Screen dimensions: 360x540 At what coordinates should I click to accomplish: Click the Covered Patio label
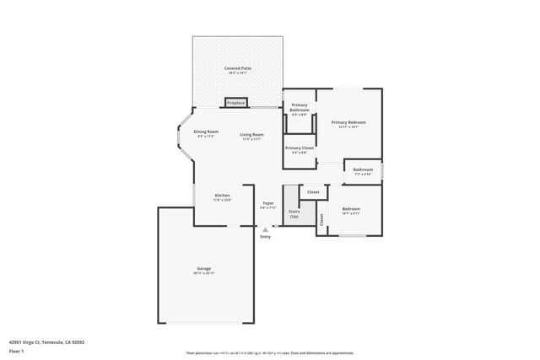[238, 68]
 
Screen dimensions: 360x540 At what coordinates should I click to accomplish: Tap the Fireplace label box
[235, 103]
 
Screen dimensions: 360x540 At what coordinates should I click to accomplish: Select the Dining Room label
[206, 132]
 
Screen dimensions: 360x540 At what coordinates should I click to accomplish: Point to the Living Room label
[251, 135]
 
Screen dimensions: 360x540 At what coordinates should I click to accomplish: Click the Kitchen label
[222, 196]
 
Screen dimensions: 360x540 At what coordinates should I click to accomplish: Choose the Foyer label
[268, 204]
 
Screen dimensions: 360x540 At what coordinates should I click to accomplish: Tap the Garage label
[204, 269]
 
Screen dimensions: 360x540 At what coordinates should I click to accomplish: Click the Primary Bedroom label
[348, 123]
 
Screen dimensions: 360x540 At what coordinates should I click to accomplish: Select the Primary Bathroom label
[300, 108]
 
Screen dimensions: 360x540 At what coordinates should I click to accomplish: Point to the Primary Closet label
[300, 148]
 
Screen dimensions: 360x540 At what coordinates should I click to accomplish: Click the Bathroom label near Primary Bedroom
[364, 169]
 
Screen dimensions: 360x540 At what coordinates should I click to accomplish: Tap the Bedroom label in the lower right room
[351, 208]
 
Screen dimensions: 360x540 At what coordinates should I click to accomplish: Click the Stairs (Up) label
[294, 214]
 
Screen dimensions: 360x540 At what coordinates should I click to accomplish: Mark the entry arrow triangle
[266, 228]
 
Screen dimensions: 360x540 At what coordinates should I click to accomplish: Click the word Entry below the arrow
[266, 237]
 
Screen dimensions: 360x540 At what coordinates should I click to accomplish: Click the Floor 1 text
[17, 350]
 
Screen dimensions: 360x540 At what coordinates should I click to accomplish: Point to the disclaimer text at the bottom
[270, 353]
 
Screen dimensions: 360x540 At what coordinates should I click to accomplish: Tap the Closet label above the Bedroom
[313, 192]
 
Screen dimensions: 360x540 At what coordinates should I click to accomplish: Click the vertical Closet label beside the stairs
[321, 221]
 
